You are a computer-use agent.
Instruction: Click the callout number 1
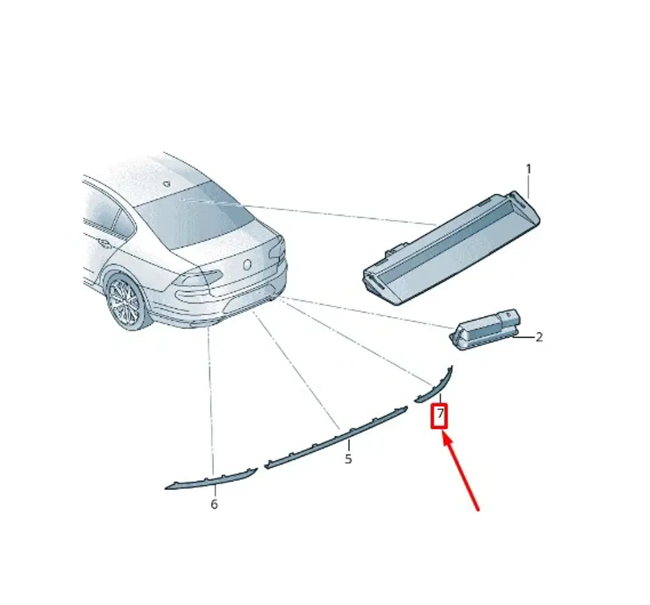coord(528,169)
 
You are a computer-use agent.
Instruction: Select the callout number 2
coord(539,337)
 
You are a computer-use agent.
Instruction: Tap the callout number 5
coord(348,459)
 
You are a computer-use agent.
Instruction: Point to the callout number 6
coord(214,504)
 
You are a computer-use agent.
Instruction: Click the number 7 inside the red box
coord(440,413)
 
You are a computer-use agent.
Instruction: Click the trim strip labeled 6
coord(212,479)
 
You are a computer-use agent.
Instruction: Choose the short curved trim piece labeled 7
coord(434,386)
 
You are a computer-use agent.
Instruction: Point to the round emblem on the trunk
coord(247,264)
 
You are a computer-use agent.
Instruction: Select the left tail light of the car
coord(194,280)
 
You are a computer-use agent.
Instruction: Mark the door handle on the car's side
coord(103,244)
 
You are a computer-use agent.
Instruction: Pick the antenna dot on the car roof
coord(168,183)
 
